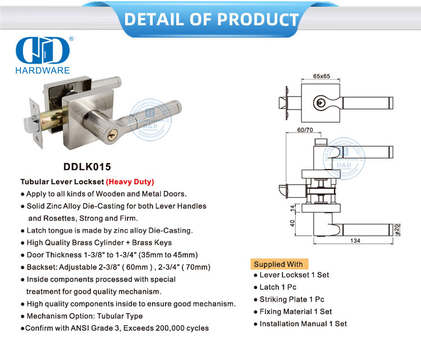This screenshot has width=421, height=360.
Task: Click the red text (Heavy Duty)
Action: point(130,182)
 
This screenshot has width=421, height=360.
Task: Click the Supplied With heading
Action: point(278,264)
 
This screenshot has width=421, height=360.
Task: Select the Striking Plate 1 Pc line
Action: point(292,299)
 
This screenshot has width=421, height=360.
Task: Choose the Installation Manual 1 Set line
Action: point(303,323)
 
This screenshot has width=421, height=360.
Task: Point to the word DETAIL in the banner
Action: point(157,20)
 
